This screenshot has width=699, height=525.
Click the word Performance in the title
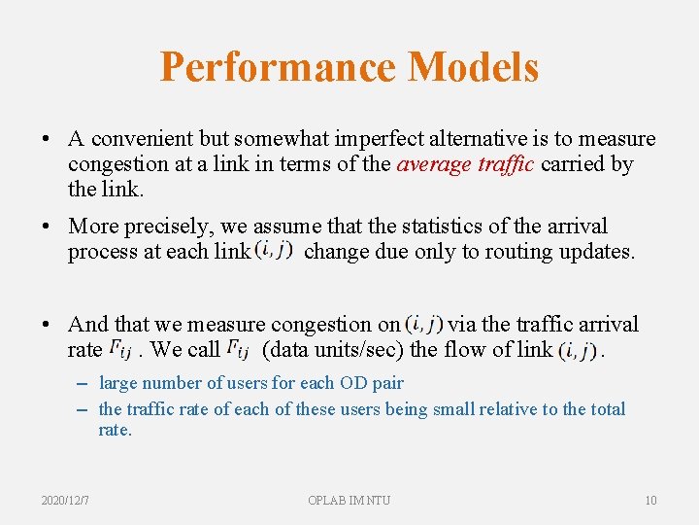click(277, 67)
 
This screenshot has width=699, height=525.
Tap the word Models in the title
click(473, 67)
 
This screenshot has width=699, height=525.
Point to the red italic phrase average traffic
click(465, 164)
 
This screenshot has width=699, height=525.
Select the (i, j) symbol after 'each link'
click(273, 251)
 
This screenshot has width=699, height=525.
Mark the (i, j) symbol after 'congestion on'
click(423, 323)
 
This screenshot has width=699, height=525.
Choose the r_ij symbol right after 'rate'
click(120, 349)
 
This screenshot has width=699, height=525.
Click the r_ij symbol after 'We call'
click(240, 349)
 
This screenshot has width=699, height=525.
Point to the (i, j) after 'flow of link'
click(579, 349)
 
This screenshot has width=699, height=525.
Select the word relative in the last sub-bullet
click(490, 409)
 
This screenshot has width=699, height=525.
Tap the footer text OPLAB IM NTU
click(349, 500)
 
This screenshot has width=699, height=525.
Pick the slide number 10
click(650, 500)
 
